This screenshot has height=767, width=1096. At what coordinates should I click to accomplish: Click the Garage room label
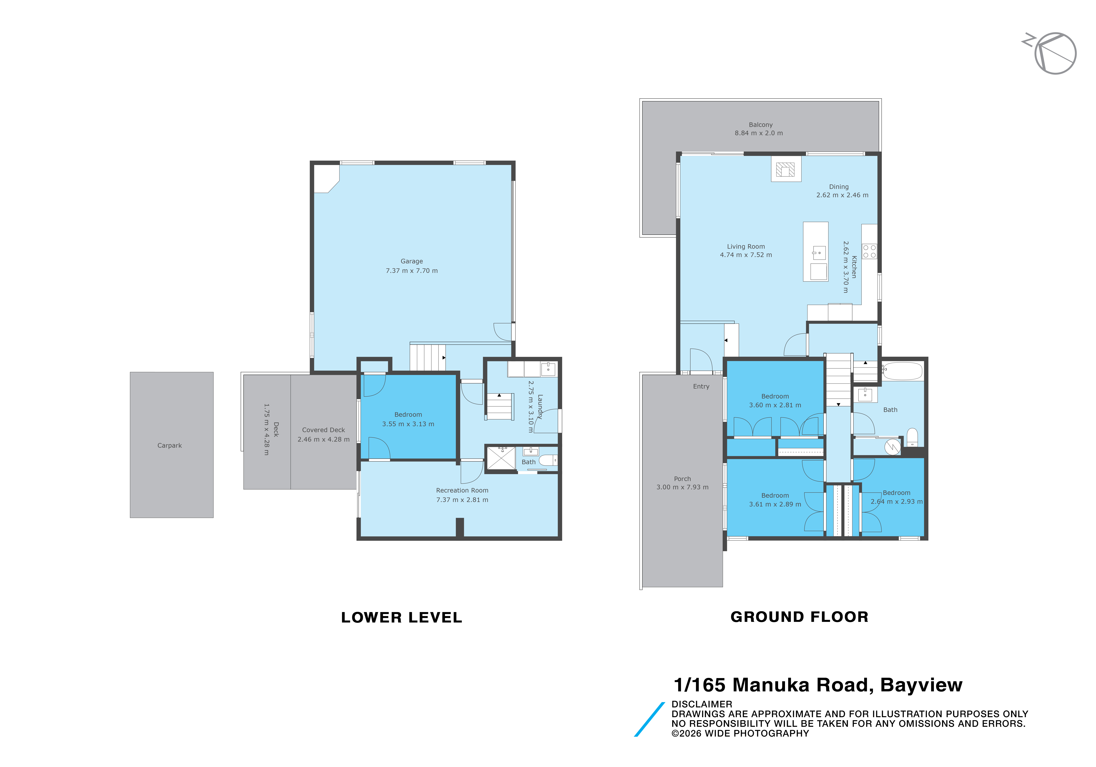[x=411, y=261]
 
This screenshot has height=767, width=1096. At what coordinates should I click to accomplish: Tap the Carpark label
[x=170, y=445]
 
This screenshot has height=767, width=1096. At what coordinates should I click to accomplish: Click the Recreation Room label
[x=462, y=490]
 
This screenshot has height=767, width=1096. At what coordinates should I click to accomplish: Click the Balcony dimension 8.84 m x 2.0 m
[x=759, y=133]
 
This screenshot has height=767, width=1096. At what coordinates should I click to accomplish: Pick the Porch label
[x=682, y=479]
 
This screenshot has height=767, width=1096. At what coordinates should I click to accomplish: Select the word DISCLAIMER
[x=702, y=704]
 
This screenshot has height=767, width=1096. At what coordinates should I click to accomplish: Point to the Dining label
[x=839, y=187]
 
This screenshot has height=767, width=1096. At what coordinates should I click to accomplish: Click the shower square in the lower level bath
[x=501, y=459]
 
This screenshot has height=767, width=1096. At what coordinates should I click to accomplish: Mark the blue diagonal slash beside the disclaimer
[x=649, y=719]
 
